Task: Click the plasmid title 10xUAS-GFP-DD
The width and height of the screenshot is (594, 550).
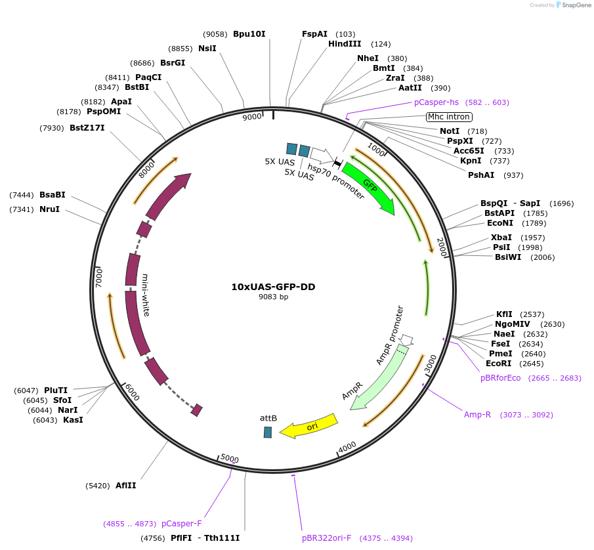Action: coord(273,287)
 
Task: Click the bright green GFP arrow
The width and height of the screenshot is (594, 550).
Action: coord(369,189)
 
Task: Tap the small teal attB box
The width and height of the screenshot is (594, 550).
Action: coord(268,432)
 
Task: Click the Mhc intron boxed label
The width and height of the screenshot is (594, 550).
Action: coord(449,117)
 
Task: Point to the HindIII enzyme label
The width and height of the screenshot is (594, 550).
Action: coord(345,44)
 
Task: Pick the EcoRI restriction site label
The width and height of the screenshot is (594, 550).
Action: coord(498,364)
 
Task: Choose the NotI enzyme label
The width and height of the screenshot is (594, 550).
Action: coord(450,131)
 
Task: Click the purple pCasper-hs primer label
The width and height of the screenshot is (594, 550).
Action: coord(436,102)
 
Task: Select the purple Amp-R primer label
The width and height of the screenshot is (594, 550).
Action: coord(477,415)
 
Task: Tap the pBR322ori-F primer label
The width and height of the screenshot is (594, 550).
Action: coord(327,538)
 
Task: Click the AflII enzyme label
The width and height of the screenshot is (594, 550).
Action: coord(125,486)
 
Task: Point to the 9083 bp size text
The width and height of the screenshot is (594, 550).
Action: coord(273,297)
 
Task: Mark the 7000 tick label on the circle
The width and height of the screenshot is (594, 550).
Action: coord(99,277)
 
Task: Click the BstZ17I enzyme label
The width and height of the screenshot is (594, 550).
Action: coord(87,128)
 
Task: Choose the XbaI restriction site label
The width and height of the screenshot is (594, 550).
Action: coord(501,237)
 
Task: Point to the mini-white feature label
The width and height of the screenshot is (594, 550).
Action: coord(146,295)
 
